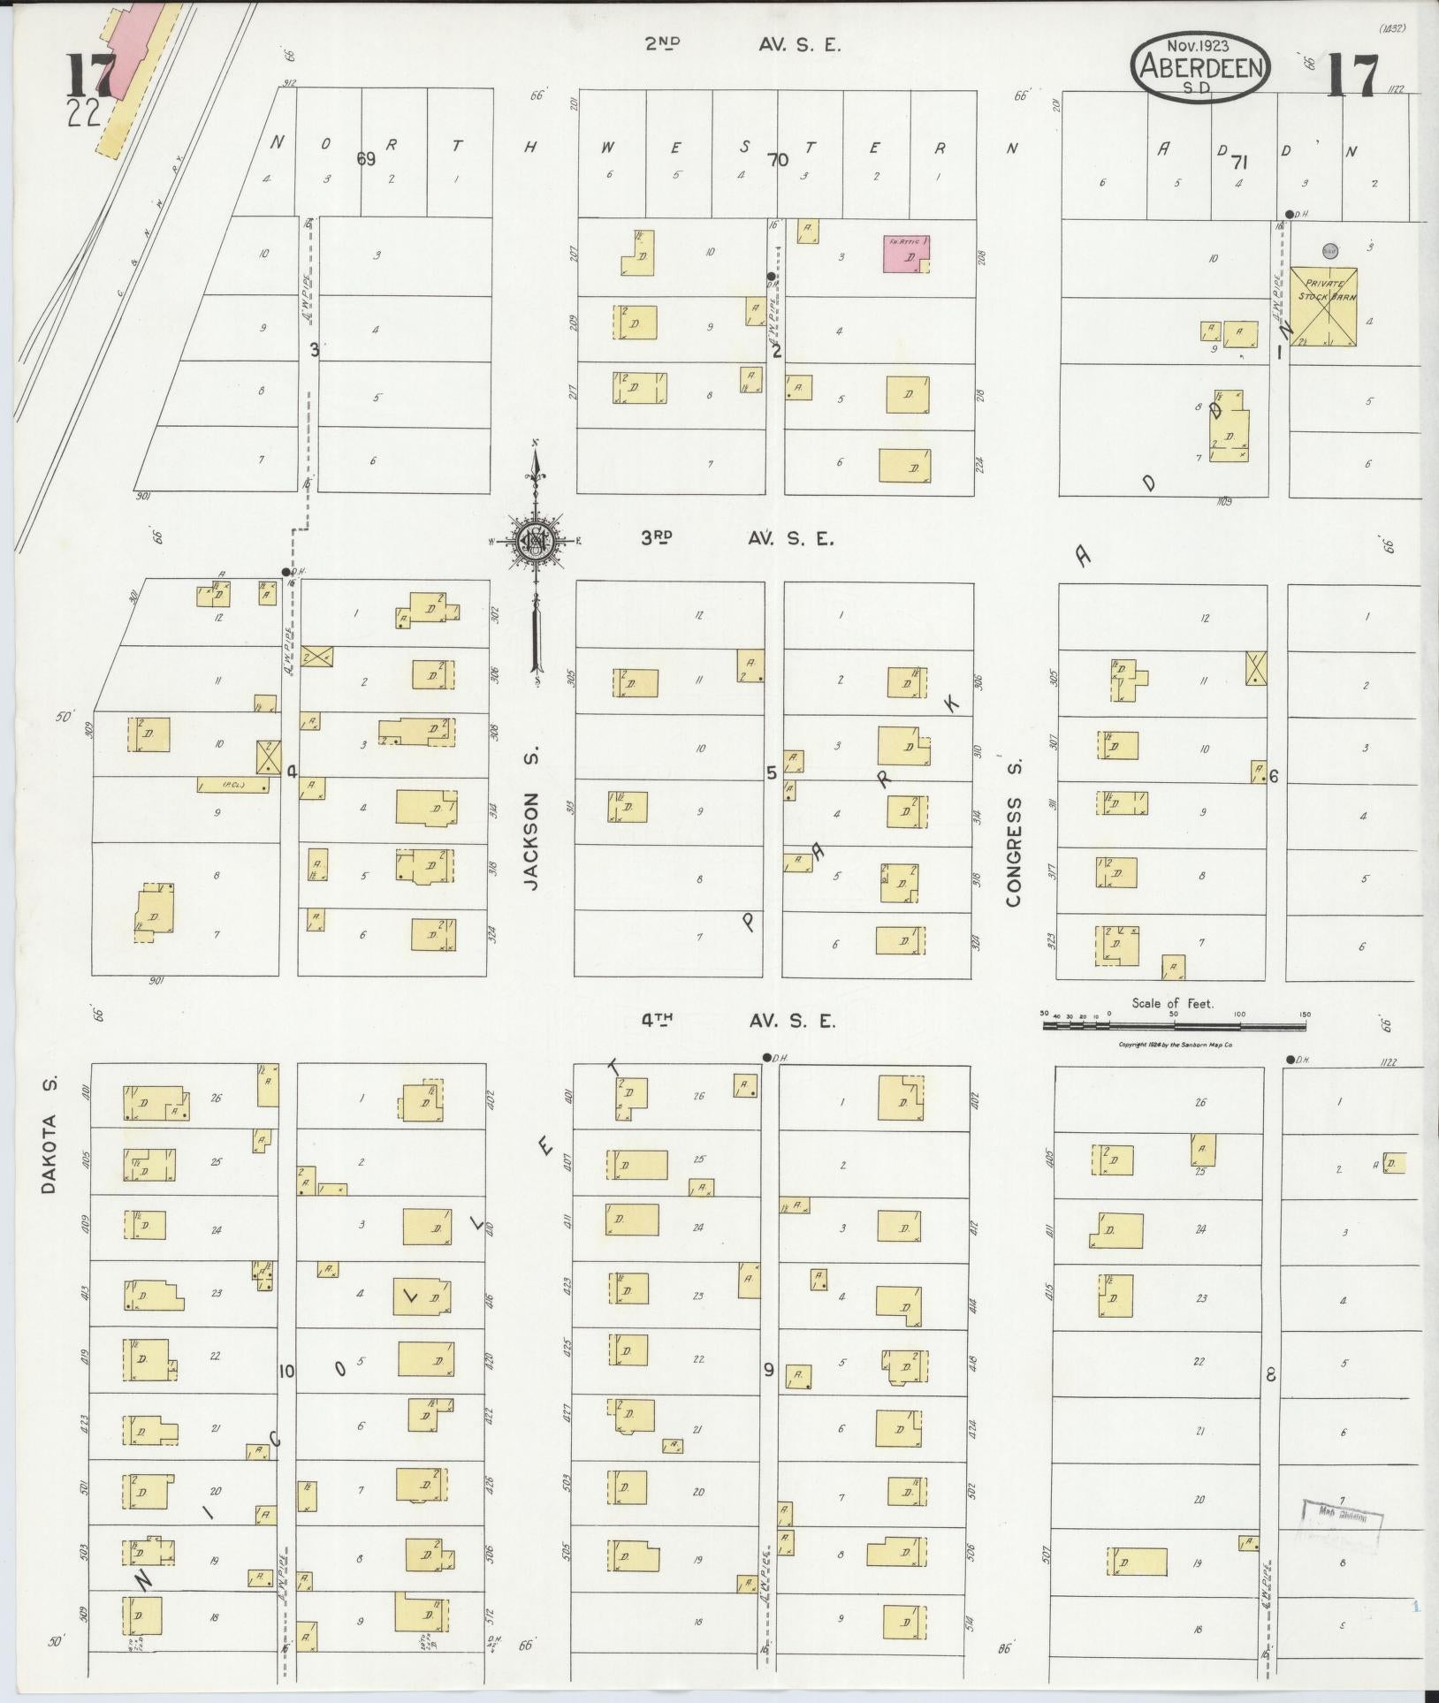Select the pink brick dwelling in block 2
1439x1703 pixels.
point(906,254)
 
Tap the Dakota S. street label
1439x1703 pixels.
point(49,1134)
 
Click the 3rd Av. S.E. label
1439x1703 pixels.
point(737,537)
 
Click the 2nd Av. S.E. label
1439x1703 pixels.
point(741,44)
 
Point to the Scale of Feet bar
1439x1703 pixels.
point(1173,1026)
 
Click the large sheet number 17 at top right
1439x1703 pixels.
point(1352,74)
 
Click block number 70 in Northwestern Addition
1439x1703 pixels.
point(778,160)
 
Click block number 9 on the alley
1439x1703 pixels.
point(768,1370)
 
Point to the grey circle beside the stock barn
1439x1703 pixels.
point(1328,251)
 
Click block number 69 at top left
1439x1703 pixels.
point(366,159)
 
